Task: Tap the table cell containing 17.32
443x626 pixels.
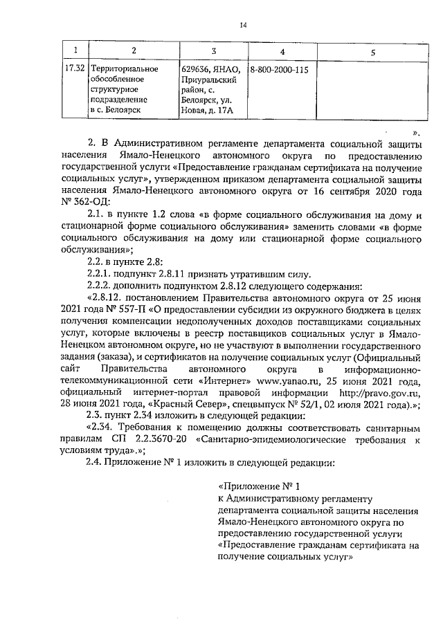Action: pos(74,70)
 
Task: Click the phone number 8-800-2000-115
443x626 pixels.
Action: pos(279,70)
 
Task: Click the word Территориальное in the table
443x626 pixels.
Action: pos(125,70)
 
